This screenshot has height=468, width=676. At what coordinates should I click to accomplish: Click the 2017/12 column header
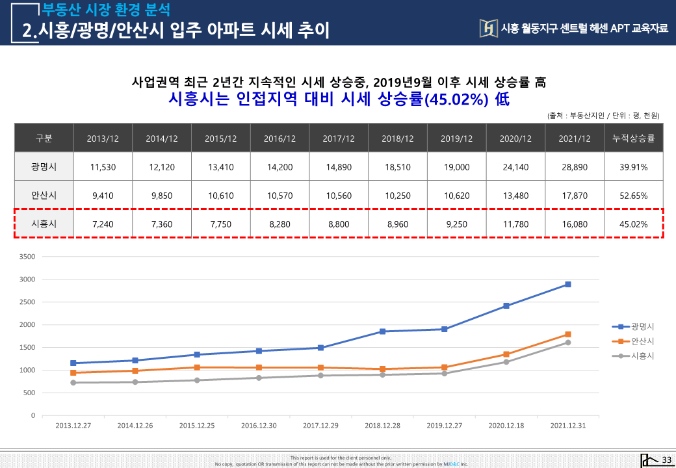tap(339, 138)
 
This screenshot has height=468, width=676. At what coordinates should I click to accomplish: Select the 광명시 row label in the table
tap(44, 167)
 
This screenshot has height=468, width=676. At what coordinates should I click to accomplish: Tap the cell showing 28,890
tap(575, 167)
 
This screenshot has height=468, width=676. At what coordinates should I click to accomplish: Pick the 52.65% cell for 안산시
tap(634, 196)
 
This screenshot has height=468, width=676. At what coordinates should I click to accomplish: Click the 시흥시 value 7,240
tap(103, 224)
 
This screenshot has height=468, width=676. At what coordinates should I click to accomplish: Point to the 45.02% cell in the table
tap(634, 224)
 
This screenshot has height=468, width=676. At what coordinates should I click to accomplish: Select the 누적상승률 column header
tap(634, 138)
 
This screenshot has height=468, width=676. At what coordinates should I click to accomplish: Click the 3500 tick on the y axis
tap(27, 256)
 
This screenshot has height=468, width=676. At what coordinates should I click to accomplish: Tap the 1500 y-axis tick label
tap(27, 347)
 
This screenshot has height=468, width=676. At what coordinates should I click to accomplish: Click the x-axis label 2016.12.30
tap(259, 425)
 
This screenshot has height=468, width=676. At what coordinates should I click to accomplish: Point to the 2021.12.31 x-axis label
tap(568, 425)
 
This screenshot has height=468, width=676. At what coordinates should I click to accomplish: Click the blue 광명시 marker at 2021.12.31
tap(568, 285)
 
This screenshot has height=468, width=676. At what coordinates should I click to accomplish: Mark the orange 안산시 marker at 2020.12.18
tap(506, 354)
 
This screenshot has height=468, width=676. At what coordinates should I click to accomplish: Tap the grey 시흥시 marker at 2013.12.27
tap(73, 383)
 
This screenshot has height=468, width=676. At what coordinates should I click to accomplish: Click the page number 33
tap(666, 460)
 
